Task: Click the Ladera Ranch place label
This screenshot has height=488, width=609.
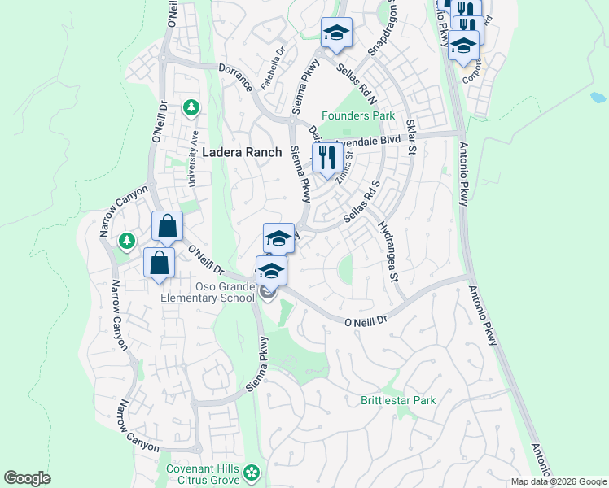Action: [x=241, y=152]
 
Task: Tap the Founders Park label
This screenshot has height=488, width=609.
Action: [x=357, y=115]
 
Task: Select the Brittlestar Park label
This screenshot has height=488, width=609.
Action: [x=398, y=400]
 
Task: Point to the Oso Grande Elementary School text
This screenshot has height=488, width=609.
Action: [x=207, y=292]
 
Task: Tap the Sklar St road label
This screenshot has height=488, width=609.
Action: [x=411, y=137]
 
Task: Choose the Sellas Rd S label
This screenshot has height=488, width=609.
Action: [x=363, y=202]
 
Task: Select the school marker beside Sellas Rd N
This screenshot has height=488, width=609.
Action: [x=336, y=33]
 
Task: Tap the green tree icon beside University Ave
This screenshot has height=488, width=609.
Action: [x=191, y=107]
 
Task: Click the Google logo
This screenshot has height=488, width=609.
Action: [x=27, y=478]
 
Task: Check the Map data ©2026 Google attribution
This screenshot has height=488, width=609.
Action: [x=559, y=481]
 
